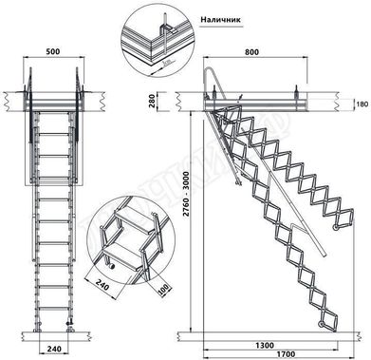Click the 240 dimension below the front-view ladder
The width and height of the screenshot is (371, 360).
pyautogui.click(x=55, y=350)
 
